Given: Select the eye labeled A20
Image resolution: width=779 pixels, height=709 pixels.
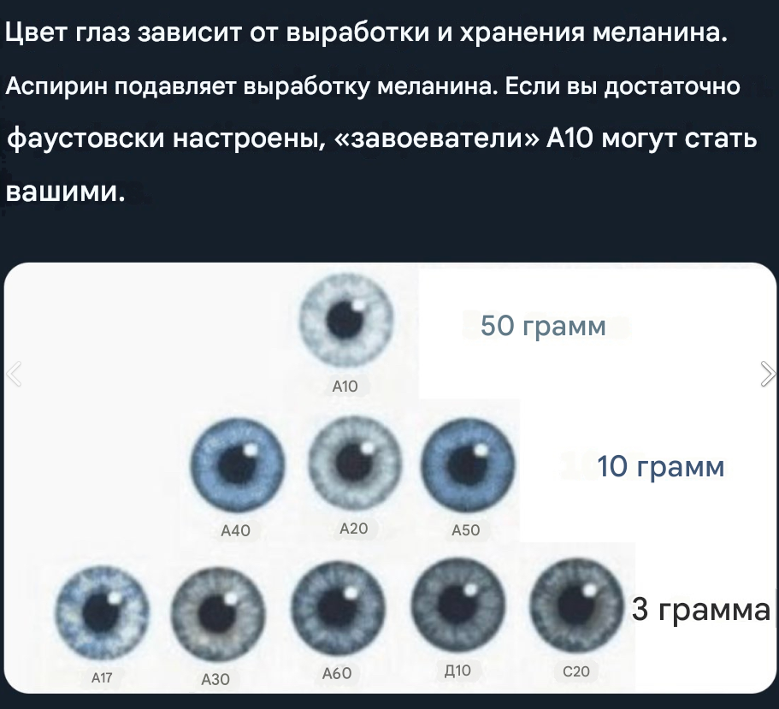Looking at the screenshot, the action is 354,462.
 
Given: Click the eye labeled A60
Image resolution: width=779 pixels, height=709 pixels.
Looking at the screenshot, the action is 339,607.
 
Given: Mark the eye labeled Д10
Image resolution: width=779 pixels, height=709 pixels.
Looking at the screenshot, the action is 458,604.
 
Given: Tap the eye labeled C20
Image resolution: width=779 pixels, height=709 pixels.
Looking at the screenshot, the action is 576,605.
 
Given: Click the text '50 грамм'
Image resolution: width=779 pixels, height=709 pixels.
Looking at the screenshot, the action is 543,327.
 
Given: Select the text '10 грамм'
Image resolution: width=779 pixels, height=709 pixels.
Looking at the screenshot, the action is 660,467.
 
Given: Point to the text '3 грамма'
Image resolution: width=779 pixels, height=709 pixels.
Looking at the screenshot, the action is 700,609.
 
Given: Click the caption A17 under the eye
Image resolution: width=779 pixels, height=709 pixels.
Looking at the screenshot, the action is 102,677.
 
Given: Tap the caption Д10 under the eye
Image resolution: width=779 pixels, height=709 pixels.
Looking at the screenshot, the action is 457,671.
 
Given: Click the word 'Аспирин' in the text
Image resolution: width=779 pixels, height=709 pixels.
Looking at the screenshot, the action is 56,87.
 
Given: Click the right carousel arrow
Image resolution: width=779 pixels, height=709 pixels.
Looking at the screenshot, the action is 768,374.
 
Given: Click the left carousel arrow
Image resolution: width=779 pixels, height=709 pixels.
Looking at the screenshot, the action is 14,374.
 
